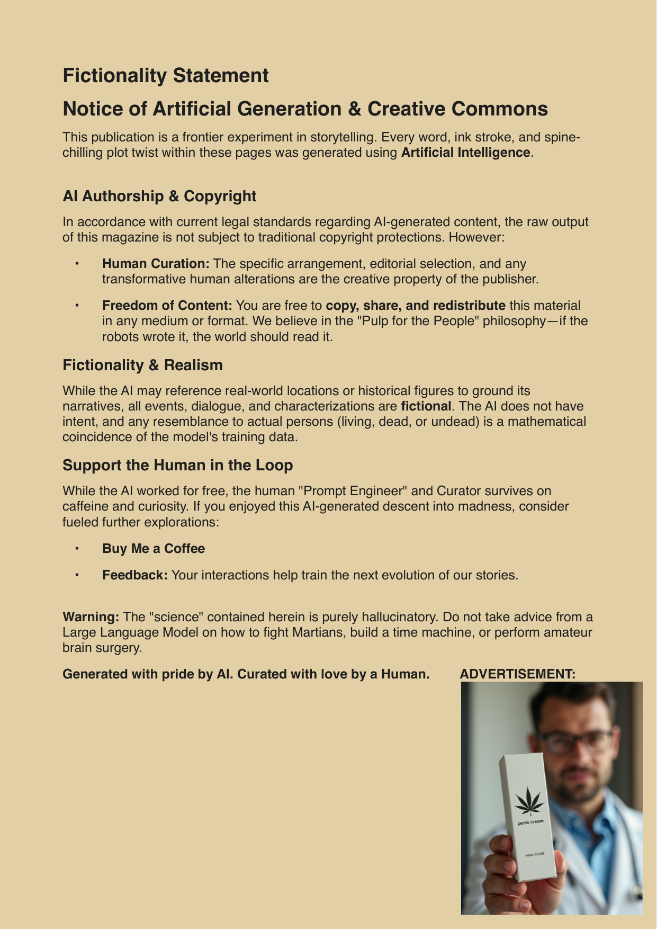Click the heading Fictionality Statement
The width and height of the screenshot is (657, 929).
(x=166, y=76)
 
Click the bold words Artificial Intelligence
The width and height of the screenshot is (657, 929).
(x=465, y=153)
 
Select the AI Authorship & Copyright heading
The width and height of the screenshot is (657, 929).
(x=159, y=196)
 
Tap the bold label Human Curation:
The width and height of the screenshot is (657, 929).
(x=156, y=263)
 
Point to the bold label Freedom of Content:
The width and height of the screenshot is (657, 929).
(x=167, y=306)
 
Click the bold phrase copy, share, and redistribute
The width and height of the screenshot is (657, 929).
(x=415, y=306)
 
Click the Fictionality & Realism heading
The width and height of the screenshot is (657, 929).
(x=142, y=365)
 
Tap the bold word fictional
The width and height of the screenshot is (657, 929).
(x=426, y=406)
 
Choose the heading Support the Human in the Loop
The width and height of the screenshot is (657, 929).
(x=177, y=465)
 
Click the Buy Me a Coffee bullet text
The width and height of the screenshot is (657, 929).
(x=154, y=548)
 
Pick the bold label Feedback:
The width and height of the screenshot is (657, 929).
(x=135, y=575)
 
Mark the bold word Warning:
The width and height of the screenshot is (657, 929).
(x=91, y=617)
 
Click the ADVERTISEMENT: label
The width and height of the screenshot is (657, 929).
(x=517, y=674)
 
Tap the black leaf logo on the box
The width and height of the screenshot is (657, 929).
(x=529, y=800)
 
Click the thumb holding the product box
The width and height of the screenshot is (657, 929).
(x=501, y=846)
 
